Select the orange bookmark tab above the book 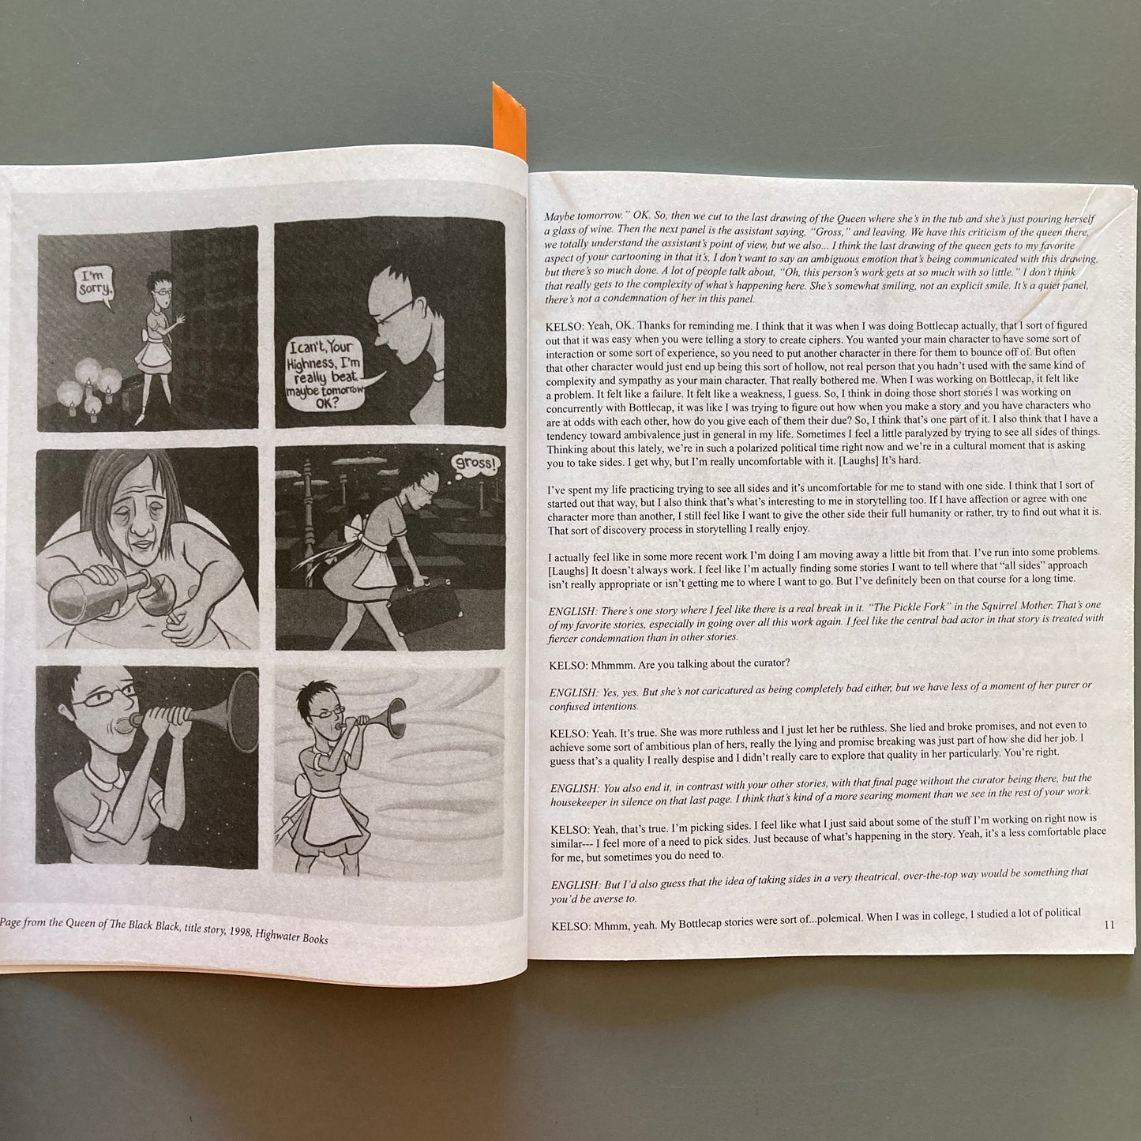click(508, 122)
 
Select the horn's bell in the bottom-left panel click(244, 711)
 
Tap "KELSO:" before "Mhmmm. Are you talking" click(568, 664)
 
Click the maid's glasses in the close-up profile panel click(394, 313)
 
